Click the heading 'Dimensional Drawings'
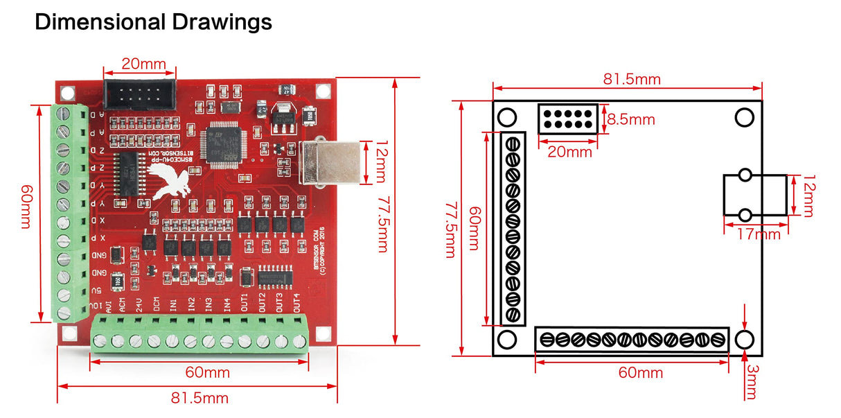(x=153, y=22)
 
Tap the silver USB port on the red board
(x=330, y=162)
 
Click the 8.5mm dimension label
(x=630, y=119)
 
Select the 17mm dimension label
(x=758, y=234)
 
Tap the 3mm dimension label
(x=751, y=381)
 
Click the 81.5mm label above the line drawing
(x=631, y=79)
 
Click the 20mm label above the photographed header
(x=143, y=65)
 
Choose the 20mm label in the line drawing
(x=569, y=152)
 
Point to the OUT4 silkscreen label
(x=296, y=302)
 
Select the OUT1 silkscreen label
(x=244, y=302)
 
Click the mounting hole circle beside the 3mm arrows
(x=745, y=340)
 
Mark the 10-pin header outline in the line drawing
(x=567, y=119)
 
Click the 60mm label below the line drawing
(x=640, y=373)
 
